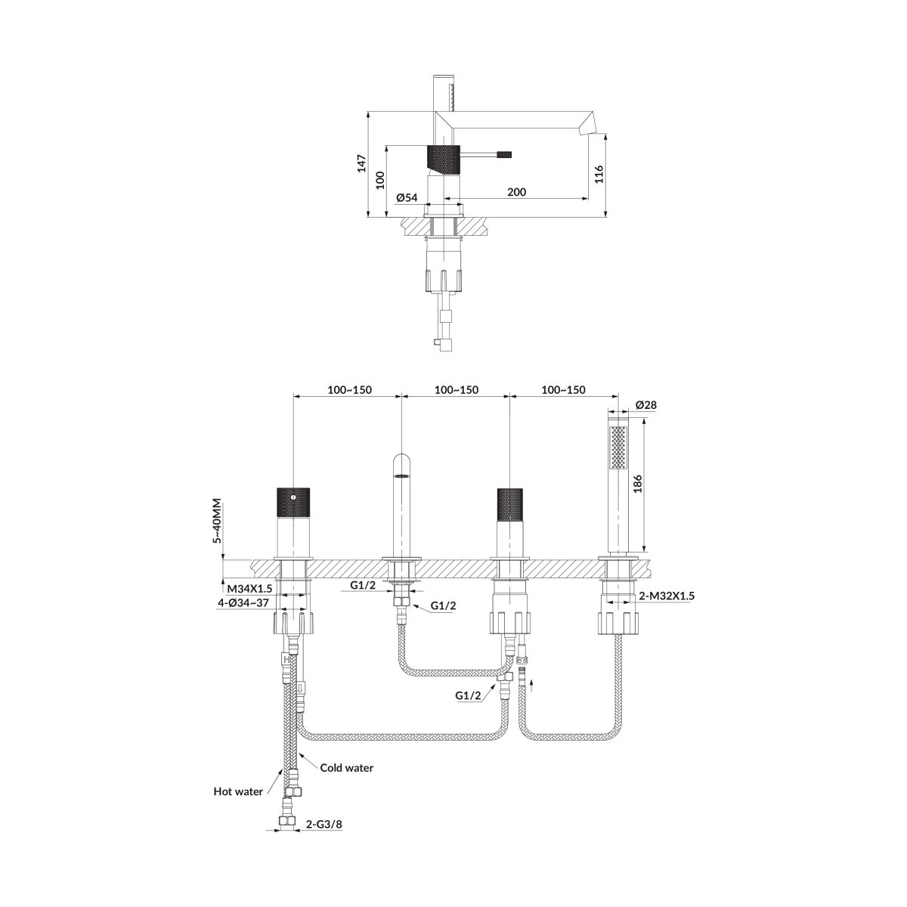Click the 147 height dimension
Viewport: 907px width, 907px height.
pyautogui.click(x=361, y=163)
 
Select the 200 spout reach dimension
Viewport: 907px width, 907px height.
pyautogui.click(x=516, y=192)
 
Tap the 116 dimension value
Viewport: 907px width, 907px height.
pyautogui.click(x=599, y=174)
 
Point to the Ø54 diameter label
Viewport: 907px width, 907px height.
pyautogui.click(x=407, y=198)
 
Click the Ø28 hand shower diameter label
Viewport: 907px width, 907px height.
pyautogui.click(x=645, y=405)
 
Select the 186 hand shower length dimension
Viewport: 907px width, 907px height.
pyautogui.click(x=637, y=484)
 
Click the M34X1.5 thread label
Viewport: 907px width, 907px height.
pyautogui.click(x=249, y=589)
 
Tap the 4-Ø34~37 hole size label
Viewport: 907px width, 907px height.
pyautogui.click(x=242, y=603)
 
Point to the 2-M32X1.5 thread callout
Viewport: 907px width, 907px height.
pyautogui.click(x=667, y=596)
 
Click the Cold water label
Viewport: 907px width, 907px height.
pyautogui.click(x=346, y=768)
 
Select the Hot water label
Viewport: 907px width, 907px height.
pyautogui.click(x=238, y=791)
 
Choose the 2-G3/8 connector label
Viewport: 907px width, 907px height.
pyautogui.click(x=323, y=837)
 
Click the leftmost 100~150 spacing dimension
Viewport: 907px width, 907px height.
pyautogui.click(x=349, y=390)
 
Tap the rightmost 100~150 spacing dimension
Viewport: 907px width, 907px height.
pyautogui.click(x=563, y=390)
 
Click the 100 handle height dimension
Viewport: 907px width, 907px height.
pyautogui.click(x=380, y=180)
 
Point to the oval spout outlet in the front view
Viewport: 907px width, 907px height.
pyautogui.click(x=401, y=476)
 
